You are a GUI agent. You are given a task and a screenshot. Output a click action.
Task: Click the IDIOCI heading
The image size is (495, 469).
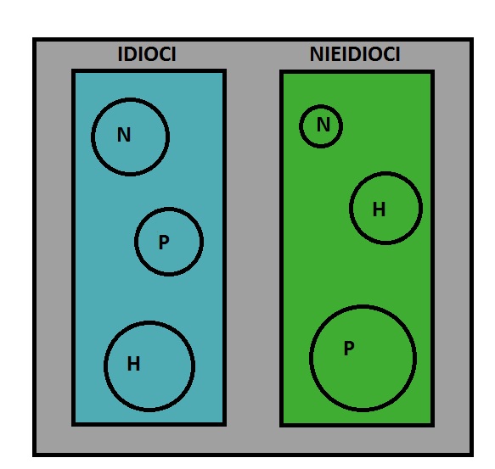click(147, 54)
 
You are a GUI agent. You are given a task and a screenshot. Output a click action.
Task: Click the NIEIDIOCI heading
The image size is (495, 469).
click(355, 54)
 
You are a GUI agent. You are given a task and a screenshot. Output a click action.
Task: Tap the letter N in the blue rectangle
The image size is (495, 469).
click(124, 135)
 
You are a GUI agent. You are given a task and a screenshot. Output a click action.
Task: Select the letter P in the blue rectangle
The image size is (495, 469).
click(164, 243)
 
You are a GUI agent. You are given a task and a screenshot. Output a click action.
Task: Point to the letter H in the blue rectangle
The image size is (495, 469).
click(133, 363)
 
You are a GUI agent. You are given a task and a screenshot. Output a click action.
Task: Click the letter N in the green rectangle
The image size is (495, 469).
click(323, 125)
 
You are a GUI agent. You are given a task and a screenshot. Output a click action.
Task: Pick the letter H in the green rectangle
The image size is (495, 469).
click(380, 209)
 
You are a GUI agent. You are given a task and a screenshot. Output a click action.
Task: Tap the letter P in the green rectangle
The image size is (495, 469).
click(349, 349)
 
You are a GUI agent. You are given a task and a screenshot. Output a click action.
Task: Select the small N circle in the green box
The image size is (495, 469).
click(300, 126)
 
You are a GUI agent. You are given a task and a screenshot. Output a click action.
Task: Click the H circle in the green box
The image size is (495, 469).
click(350, 208)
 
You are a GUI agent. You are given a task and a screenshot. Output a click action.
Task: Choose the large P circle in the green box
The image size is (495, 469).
click(310, 358)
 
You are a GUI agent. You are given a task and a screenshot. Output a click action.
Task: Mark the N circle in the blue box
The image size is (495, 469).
click(92, 137)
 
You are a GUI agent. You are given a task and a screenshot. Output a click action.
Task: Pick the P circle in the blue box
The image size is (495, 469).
click(135, 242)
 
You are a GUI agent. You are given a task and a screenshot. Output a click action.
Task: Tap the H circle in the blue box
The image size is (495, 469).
click(104, 366)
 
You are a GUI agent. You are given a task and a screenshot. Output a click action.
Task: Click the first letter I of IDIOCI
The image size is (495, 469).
click(120, 54)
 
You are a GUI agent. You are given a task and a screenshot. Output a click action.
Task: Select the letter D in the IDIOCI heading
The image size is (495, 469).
click(129, 54)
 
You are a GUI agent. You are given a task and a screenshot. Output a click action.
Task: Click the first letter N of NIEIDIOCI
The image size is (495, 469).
click(317, 54)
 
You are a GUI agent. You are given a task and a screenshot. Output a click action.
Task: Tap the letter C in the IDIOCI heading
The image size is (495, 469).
click(164, 54)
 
